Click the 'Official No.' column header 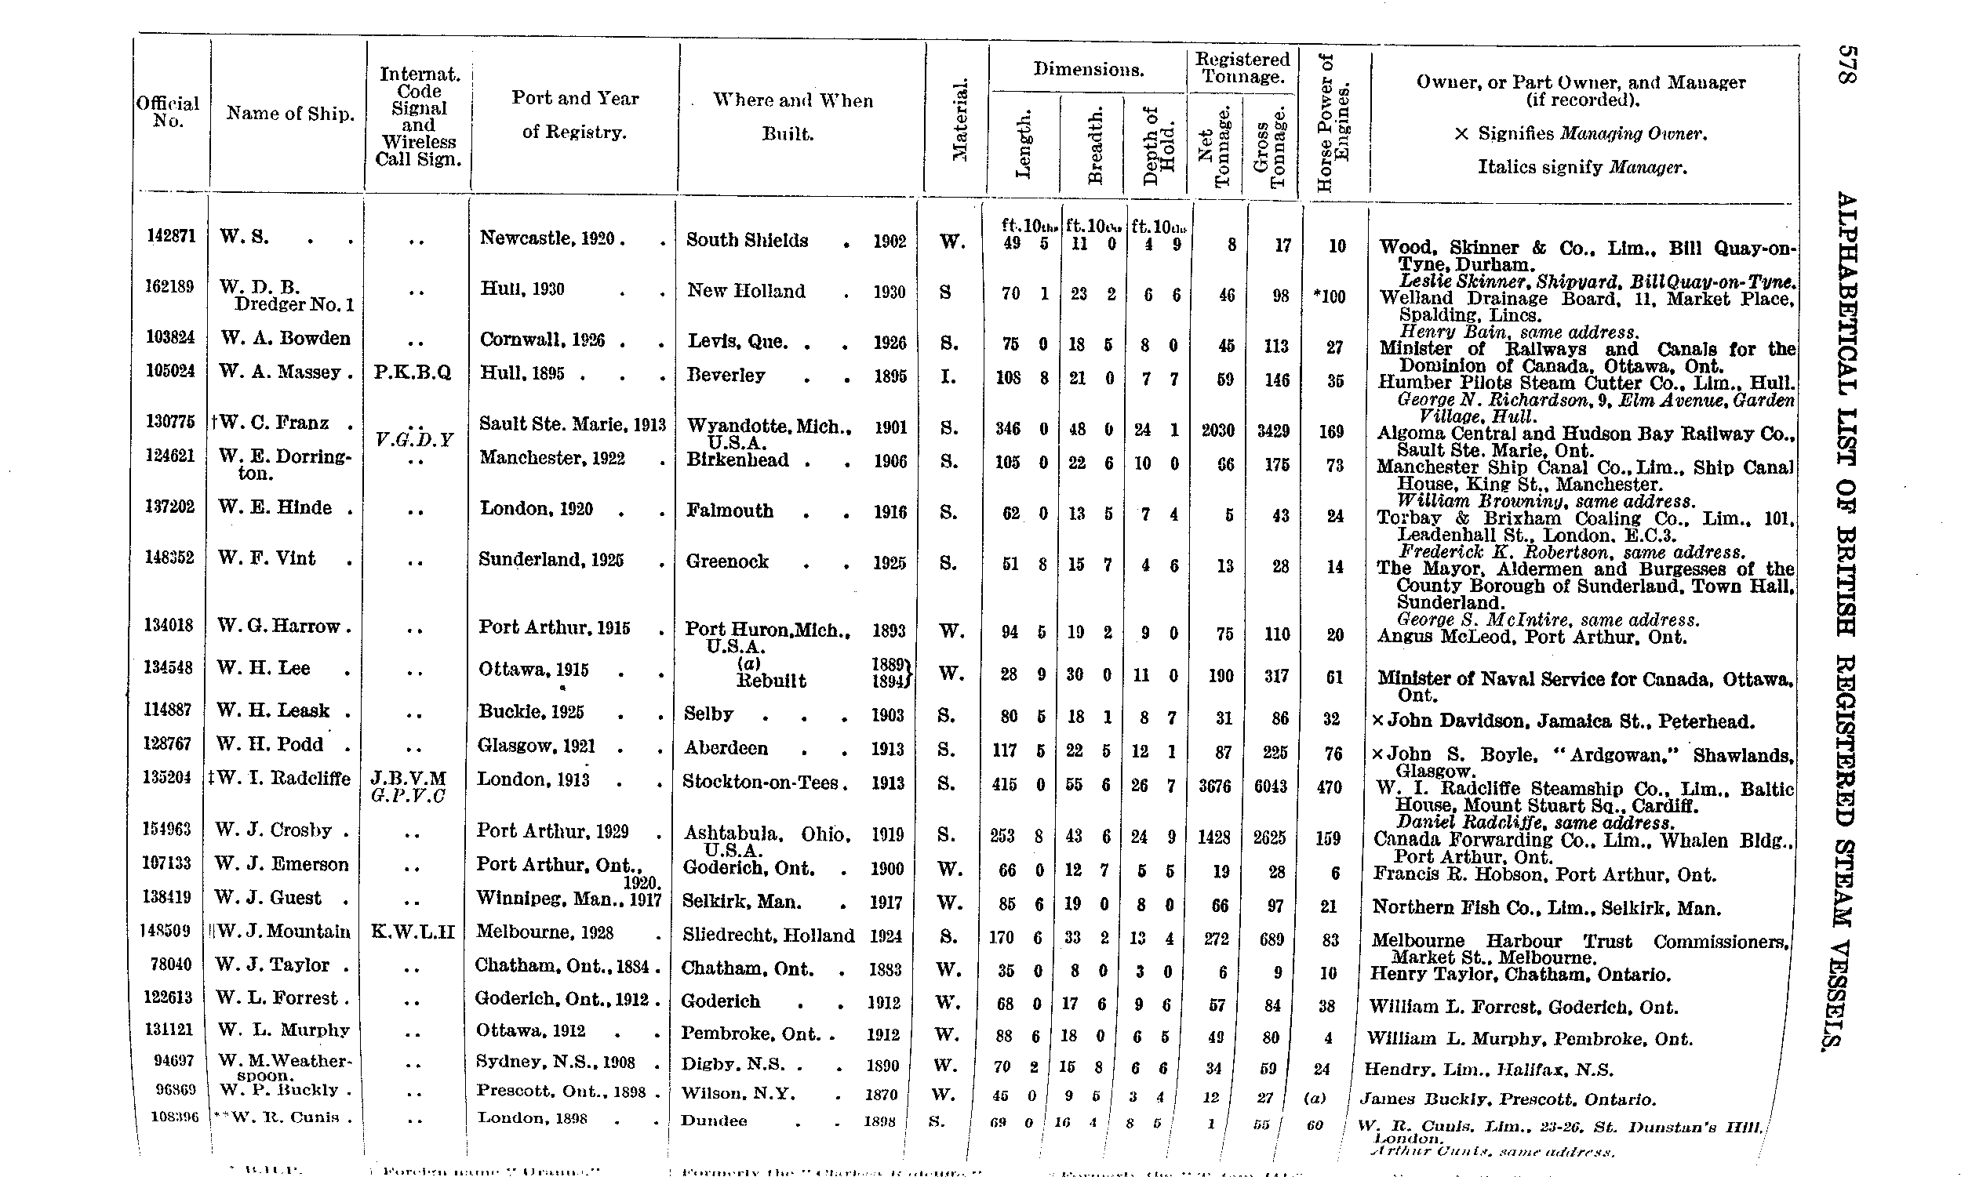pyautogui.click(x=168, y=112)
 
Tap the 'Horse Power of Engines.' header pyautogui.click(x=1333, y=123)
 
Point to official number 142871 pyautogui.click(x=170, y=235)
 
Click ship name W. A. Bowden pyautogui.click(x=286, y=339)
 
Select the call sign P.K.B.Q pyautogui.click(x=413, y=372)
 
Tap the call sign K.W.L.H pyautogui.click(x=413, y=931)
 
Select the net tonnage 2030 pyautogui.click(x=1217, y=430)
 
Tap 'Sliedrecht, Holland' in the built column pyautogui.click(x=768, y=936)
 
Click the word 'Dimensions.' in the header pyautogui.click(x=1089, y=70)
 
